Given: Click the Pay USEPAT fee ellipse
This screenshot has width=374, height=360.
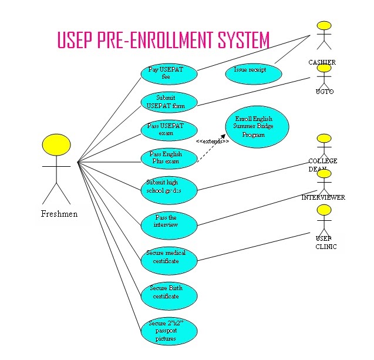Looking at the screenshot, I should point(169,73).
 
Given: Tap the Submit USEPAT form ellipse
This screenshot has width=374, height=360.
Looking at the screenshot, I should point(169,102).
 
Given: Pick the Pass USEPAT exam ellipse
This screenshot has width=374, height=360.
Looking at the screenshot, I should point(169,130).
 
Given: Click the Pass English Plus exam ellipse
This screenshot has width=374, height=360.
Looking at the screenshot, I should point(169,158).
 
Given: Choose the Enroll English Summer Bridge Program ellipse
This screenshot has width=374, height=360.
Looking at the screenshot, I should point(257,127).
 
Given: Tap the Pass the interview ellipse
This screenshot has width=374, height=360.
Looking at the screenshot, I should point(169,222).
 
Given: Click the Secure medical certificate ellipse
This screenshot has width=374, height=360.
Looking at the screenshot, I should point(169,257).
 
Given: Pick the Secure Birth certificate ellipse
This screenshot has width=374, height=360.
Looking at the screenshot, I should point(169,292).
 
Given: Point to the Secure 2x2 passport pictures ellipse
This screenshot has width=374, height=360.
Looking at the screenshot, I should point(169,331).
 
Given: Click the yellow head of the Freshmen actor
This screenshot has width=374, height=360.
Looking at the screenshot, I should point(56,146).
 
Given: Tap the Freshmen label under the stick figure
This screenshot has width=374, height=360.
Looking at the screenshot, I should point(59,214).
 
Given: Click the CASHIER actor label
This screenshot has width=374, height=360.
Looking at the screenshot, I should point(322,62).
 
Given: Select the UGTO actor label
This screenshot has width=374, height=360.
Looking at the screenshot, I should point(324,92).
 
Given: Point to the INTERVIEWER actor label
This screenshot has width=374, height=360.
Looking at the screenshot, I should point(324,197).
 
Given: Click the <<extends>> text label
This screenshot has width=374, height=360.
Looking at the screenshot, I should point(213,142).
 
